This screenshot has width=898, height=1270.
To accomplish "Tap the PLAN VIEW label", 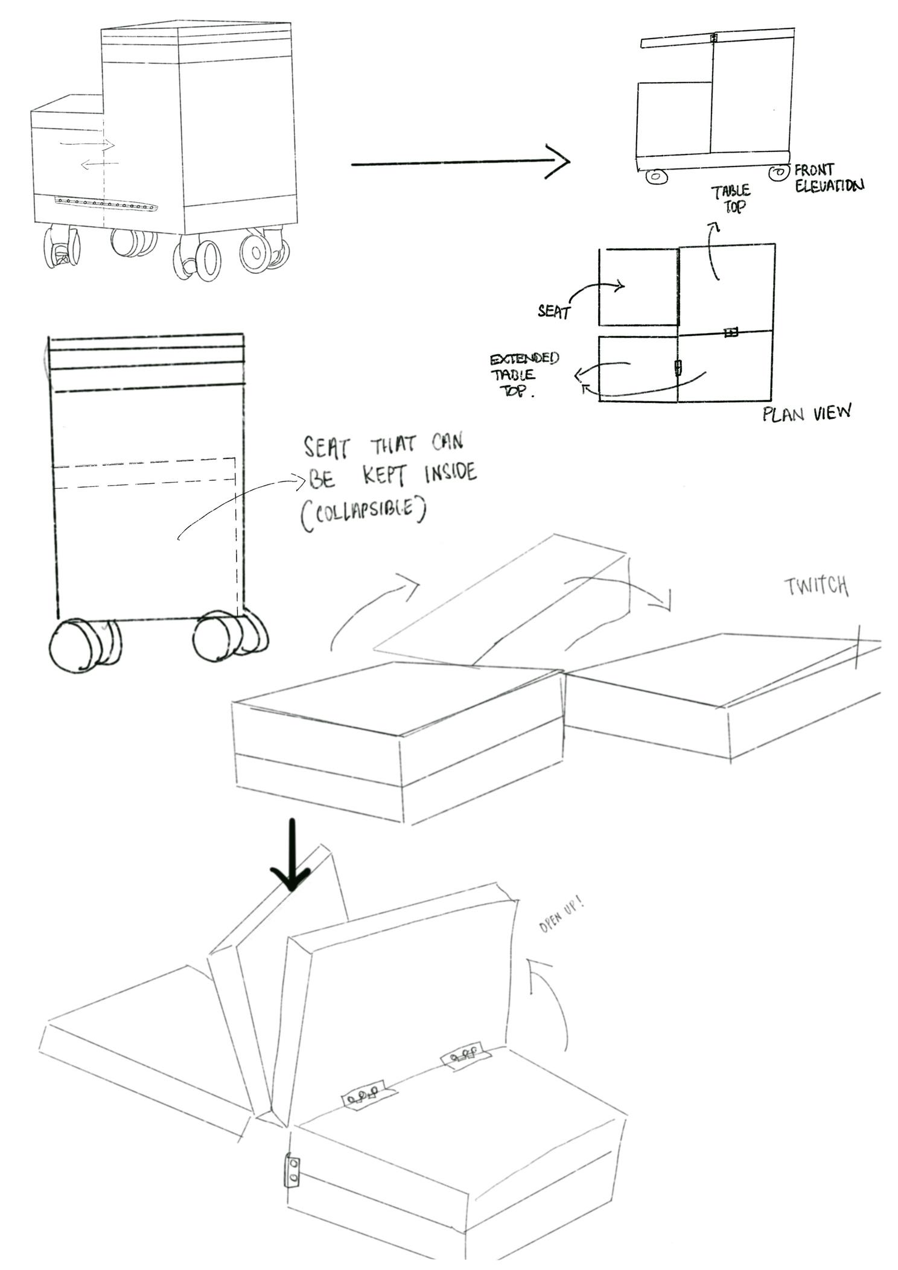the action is pos(807,413).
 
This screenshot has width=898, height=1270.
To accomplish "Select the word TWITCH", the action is pos(816,586).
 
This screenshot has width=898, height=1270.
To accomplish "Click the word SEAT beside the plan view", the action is pos(553,312).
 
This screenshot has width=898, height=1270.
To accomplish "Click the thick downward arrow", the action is pos(291,854).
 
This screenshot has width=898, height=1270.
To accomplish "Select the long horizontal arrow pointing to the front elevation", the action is pos(460,162).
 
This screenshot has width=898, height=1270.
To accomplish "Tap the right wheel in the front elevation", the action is pos(779,173).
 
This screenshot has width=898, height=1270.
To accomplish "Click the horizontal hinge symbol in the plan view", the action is pos(730,332).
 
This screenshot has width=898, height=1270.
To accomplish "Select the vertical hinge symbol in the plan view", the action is pos(678,367).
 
